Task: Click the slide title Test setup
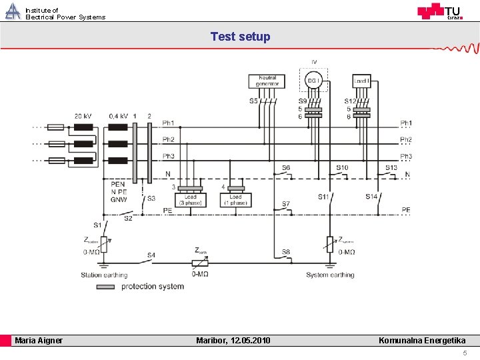click(240, 37)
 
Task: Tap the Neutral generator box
click(267, 81)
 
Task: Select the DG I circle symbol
click(313, 81)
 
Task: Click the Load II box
click(361, 81)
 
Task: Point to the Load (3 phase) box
click(190, 199)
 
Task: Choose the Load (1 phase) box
click(236, 199)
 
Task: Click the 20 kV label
click(83, 116)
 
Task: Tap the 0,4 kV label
click(119, 116)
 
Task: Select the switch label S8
click(285, 251)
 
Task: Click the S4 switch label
click(151, 255)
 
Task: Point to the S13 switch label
click(391, 167)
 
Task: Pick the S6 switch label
click(285, 167)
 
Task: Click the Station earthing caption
click(104, 275)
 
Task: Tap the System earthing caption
click(330, 275)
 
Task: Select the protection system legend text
click(152, 287)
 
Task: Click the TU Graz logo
click(439, 11)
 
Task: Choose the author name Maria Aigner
click(39, 341)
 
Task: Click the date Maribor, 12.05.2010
click(233, 341)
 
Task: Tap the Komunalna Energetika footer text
click(422, 341)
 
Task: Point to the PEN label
click(118, 184)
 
